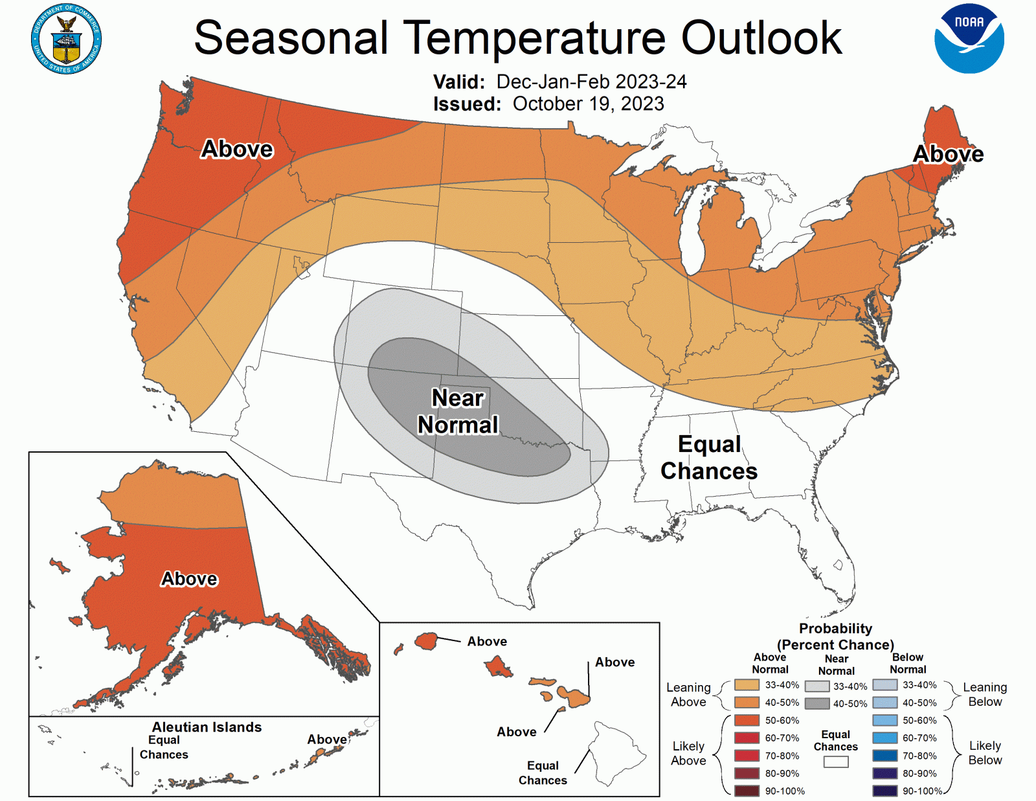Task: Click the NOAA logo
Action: tap(969, 39)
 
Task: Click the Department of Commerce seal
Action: tap(67, 39)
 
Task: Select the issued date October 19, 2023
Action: tap(588, 104)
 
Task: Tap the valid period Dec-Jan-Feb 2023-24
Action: tap(591, 82)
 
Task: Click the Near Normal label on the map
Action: tap(458, 411)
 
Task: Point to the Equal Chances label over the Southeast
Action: tap(709, 457)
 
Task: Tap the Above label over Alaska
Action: tap(189, 578)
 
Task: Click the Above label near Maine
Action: tap(948, 154)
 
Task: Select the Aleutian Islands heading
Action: tap(207, 727)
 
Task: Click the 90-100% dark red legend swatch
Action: tap(747, 791)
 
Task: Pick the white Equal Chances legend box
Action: tap(835, 762)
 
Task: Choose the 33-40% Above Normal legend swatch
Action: tap(747, 685)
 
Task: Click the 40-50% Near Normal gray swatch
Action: tap(817, 703)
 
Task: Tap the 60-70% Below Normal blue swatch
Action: tap(884, 738)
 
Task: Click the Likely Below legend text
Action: tap(985, 752)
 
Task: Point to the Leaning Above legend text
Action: tap(688, 694)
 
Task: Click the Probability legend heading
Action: tap(835, 629)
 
